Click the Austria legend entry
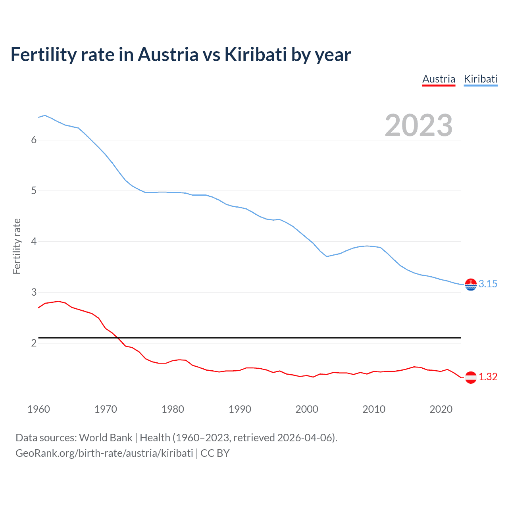pyautogui.click(x=439, y=79)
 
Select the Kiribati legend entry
pyautogui.click(x=480, y=79)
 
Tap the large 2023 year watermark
pyautogui.click(x=418, y=125)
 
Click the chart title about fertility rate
pyautogui.click(x=181, y=55)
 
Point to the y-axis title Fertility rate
pyautogui.click(x=17, y=246)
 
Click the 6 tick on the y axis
pyautogui.click(x=34, y=140)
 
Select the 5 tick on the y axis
pyautogui.click(x=34, y=190)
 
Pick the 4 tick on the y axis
pyautogui.click(x=34, y=241)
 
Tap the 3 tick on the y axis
pyautogui.click(x=34, y=292)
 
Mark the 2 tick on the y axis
pyautogui.click(x=34, y=343)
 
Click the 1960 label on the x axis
pyautogui.click(x=38, y=409)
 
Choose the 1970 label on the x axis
pyautogui.click(x=106, y=409)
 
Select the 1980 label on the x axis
pyautogui.click(x=173, y=409)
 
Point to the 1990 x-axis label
pyautogui.click(x=240, y=409)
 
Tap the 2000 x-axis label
pyautogui.click(x=307, y=409)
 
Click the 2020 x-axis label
pyautogui.click(x=441, y=409)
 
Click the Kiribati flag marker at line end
pyautogui.click(x=471, y=285)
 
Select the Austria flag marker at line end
pyautogui.click(x=471, y=377)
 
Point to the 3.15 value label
pyautogui.click(x=488, y=284)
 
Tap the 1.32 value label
pyautogui.click(x=488, y=377)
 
